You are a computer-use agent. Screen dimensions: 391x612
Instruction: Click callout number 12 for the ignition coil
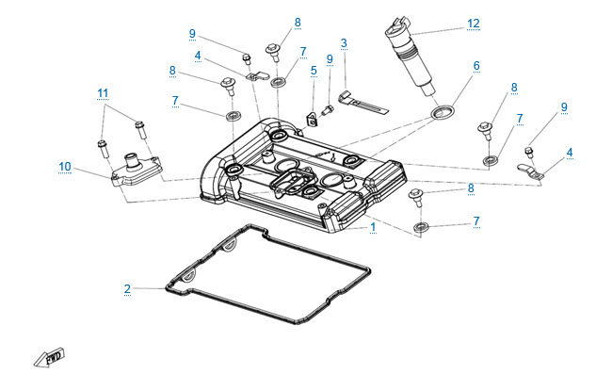click(473, 23)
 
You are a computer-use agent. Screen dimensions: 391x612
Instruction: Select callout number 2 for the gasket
click(127, 288)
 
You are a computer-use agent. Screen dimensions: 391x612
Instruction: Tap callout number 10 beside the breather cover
click(65, 167)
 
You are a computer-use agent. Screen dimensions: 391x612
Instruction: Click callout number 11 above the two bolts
click(103, 92)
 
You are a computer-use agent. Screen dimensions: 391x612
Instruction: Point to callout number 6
click(476, 66)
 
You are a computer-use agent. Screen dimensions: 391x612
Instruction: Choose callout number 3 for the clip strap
click(344, 43)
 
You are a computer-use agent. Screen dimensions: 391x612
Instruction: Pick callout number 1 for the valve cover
click(373, 228)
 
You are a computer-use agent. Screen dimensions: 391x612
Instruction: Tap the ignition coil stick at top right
click(411, 57)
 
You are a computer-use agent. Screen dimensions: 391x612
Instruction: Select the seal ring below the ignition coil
click(439, 114)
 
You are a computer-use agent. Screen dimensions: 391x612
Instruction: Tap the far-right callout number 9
click(564, 107)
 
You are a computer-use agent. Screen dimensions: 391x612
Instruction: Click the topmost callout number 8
click(297, 22)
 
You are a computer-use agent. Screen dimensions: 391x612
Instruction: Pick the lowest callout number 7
click(476, 221)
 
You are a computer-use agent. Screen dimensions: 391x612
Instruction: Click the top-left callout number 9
click(192, 34)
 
